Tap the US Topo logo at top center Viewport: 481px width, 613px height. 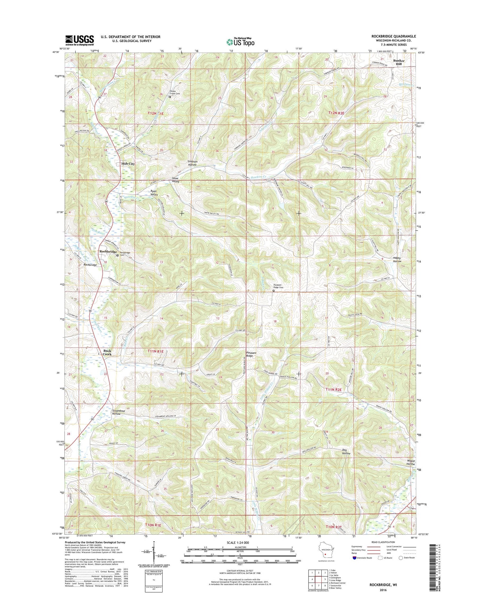240,42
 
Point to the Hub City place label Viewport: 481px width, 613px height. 128,164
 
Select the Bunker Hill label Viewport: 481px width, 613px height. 400,62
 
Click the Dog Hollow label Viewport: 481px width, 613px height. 346,452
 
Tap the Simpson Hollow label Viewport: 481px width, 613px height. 192,163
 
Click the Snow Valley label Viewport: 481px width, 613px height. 175,180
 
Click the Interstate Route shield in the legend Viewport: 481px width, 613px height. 354,558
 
